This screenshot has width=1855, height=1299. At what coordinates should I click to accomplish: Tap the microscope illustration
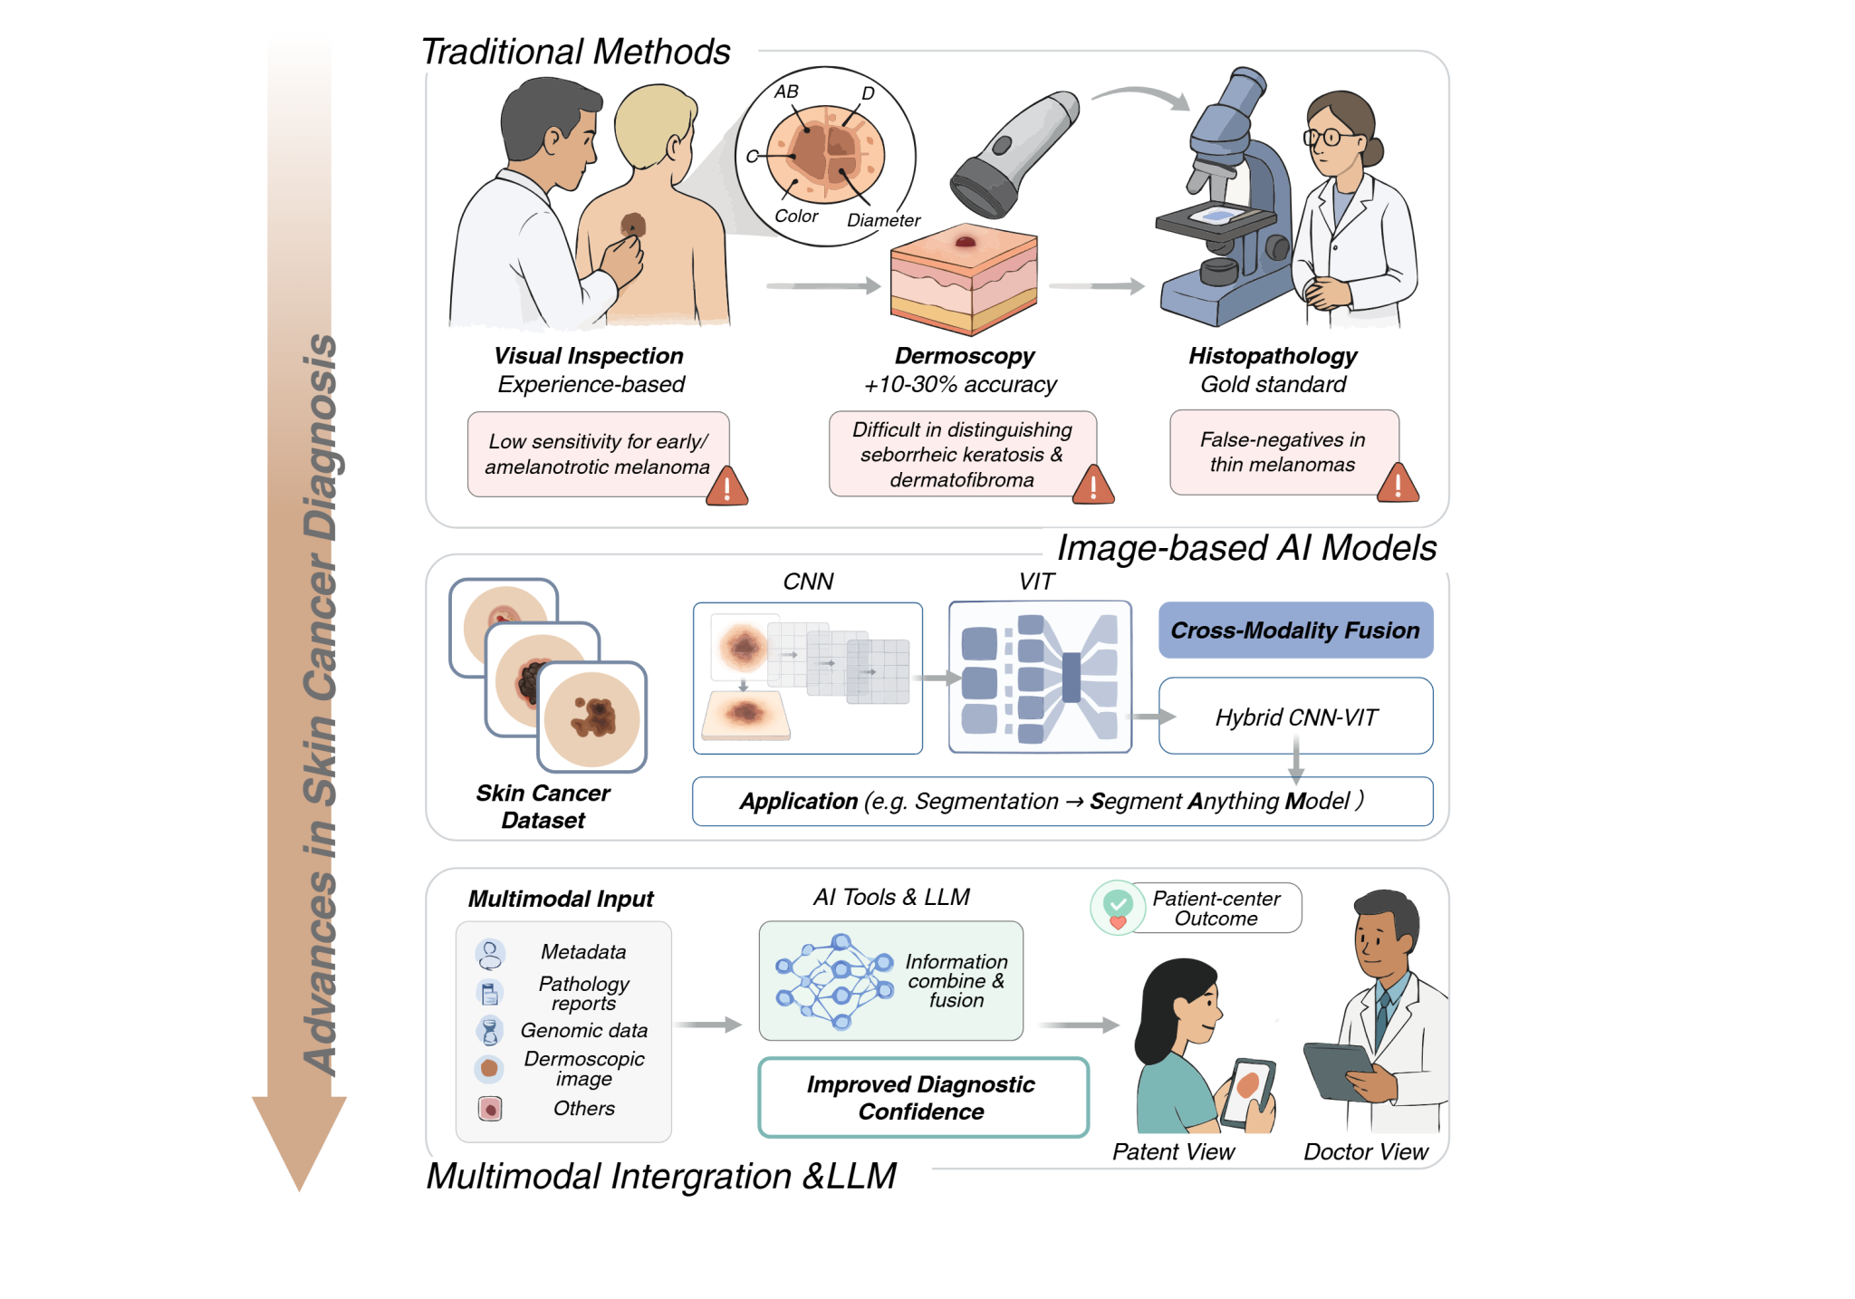(x=1228, y=208)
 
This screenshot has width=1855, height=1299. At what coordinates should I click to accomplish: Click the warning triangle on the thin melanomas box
(x=1398, y=484)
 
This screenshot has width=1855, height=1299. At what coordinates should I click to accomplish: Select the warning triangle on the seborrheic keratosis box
(x=1093, y=486)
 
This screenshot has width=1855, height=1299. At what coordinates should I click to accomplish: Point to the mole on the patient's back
(x=633, y=225)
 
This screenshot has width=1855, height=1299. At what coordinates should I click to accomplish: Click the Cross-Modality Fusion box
(x=1295, y=630)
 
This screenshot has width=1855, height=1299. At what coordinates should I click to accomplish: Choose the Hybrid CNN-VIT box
(x=1295, y=717)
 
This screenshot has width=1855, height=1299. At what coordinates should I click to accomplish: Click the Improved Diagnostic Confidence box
(x=922, y=1098)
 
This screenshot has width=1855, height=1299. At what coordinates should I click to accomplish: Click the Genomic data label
(x=584, y=1031)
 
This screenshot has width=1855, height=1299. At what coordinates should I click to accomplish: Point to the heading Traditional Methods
(x=576, y=53)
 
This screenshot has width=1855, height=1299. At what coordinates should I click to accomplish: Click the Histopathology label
(x=1273, y=356)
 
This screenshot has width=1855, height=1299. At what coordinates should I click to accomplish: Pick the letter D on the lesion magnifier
(x=868, y=93)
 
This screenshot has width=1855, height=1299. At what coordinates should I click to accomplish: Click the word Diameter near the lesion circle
(x=883, y=220)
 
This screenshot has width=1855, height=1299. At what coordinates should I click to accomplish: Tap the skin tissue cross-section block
(x=963, y=281)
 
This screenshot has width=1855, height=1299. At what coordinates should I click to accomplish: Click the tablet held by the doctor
(x=1339, y=1071)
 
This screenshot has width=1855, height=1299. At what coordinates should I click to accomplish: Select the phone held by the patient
(x=1248, y=1092)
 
